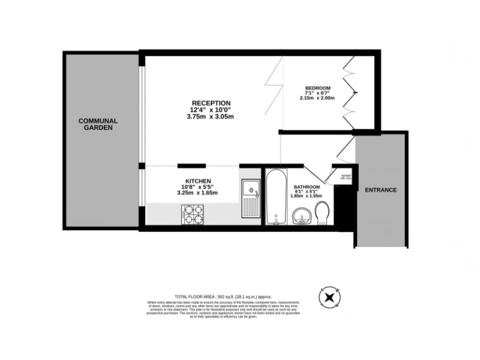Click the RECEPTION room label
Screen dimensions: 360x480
[211, 103]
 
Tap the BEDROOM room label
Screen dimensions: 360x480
[317, 87]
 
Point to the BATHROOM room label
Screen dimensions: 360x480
[307, 187]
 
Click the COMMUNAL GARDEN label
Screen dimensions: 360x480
[98, 124]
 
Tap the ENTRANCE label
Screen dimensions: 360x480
[381, 189]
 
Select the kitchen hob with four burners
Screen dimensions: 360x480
[193, 215]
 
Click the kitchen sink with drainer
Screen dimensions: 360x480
[250, 198]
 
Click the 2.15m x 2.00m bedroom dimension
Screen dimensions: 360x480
[317, 98]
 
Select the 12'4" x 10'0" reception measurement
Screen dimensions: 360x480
[211, 110]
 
